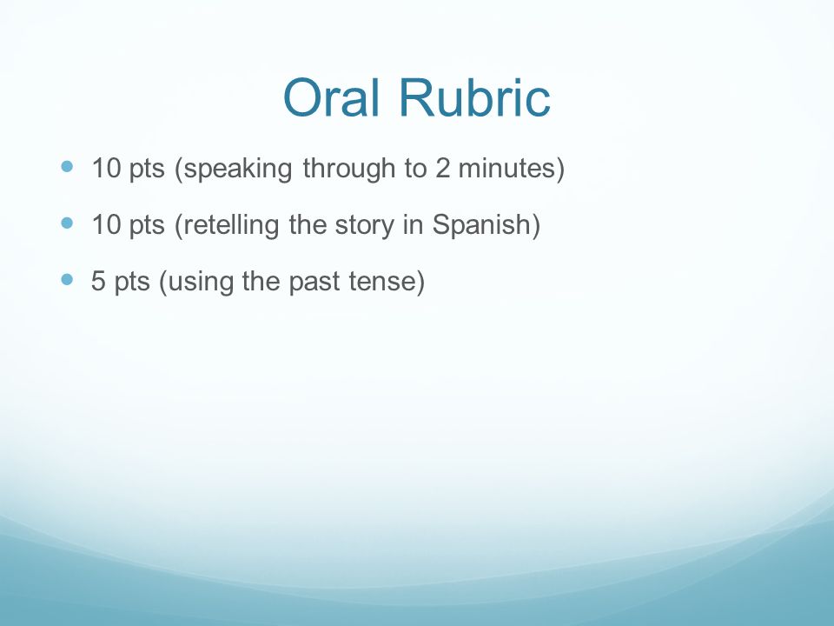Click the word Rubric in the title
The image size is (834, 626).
pos(474,97)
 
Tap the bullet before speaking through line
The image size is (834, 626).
pos(67,167)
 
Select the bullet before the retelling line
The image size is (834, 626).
pos(67,223)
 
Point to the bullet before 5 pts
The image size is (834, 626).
pos(67,279)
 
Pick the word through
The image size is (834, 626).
pos(349,169)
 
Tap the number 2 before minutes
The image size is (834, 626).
pos(442,168)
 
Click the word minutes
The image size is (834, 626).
pos(506,168)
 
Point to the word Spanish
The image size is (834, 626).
pos(482,225)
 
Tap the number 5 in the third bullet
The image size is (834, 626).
pos(98,281)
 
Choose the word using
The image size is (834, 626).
pos(201,283)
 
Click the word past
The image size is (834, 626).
pos(314,283)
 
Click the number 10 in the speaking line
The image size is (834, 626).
pos(106,168)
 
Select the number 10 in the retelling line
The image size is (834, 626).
pos(106,224)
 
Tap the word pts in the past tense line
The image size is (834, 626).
pos(132,283)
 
